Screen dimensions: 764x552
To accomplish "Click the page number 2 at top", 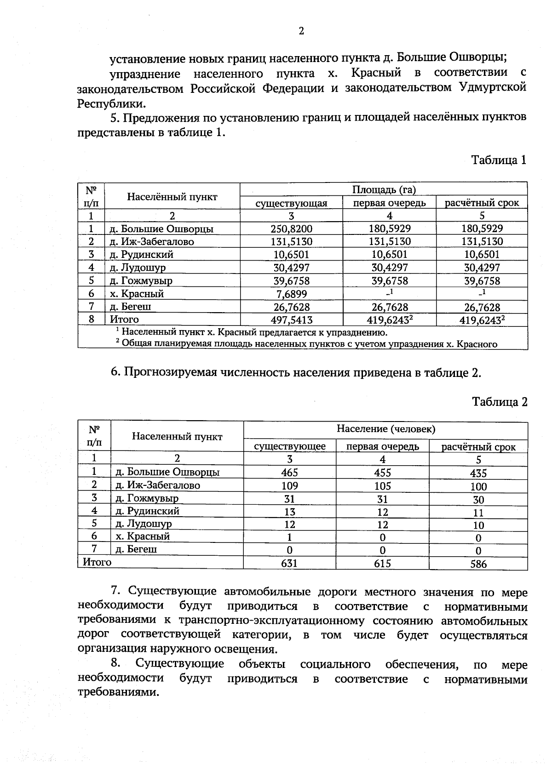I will pos(301,31).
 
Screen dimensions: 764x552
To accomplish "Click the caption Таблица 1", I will pos(498,160).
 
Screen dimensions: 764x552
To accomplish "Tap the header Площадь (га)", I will pos(384,189).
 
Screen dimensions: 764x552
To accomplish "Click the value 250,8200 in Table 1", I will pos(291,228).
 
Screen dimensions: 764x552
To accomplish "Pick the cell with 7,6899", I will pos(291,294).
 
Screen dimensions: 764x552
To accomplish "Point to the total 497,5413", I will pos(291,319).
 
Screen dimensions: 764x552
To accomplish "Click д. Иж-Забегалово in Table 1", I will pos(152,241).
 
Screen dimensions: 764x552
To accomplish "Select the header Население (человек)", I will pos(385,429).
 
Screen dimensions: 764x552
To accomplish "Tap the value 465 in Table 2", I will pos(289,472).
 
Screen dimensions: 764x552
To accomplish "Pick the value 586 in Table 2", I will pos(478,564).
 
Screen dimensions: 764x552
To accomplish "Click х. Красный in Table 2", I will pos(143,536).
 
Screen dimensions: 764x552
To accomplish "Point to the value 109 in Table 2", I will pos(289,485).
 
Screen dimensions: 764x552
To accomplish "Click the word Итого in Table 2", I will pos(97,562).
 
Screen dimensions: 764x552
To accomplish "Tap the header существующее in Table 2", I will pos(290,446).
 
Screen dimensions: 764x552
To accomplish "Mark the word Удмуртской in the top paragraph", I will pos(493,87).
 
